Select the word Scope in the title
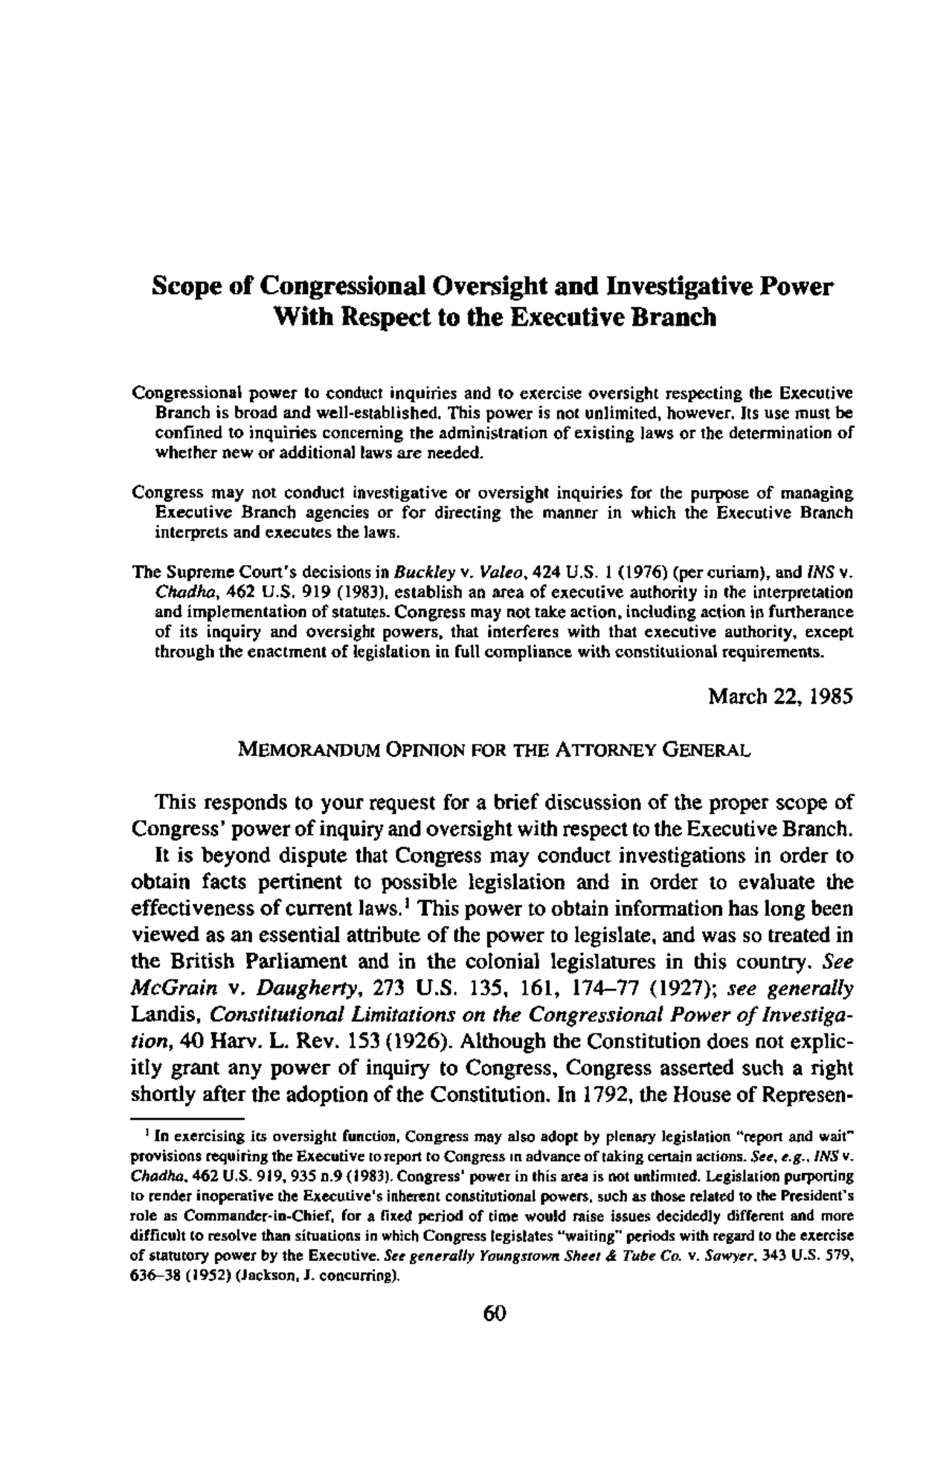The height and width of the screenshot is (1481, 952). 181,286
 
